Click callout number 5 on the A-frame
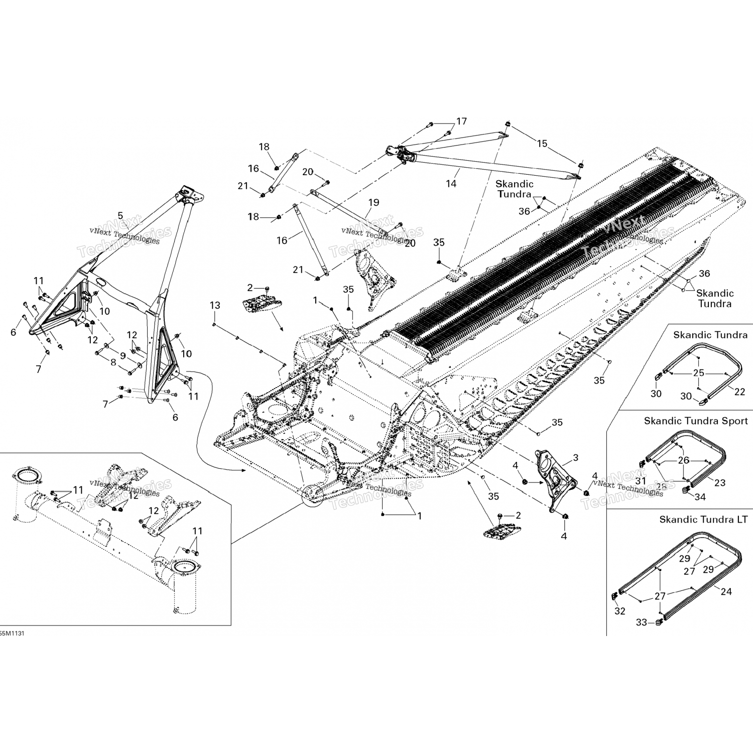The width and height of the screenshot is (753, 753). [120, 216]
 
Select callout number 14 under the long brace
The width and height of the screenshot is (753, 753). [451, 184]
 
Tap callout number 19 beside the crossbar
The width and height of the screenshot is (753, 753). [373, 203]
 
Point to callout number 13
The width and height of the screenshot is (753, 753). [215, 305]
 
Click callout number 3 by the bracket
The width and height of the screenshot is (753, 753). [575, 457]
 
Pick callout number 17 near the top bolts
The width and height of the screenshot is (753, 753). [461, 121]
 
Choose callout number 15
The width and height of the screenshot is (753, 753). [542, 144]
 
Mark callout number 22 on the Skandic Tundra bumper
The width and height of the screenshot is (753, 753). [739, 392]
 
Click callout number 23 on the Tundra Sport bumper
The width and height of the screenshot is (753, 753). [720, 482]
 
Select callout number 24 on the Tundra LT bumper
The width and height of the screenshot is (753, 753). [726, 591]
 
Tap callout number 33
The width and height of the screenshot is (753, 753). [642, 622]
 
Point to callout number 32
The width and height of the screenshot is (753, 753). [620, 611]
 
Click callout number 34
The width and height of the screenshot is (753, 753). [700, 497]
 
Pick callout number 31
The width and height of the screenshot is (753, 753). [641, 481]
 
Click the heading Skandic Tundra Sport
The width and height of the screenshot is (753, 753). [696, 421]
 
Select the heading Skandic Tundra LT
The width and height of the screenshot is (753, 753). [703, 520]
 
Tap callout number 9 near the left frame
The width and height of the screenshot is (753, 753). [122, 355]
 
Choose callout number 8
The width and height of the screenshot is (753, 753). [113, 361]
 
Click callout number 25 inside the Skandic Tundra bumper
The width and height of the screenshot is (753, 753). [699, 373]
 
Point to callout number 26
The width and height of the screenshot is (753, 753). [684, 460]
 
